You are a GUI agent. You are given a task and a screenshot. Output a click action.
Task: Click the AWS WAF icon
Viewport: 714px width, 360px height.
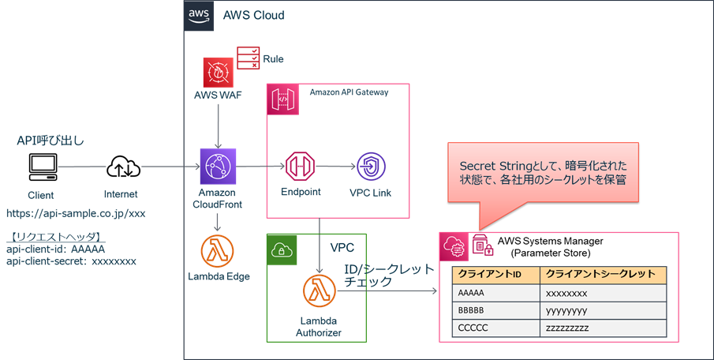click(218, 73)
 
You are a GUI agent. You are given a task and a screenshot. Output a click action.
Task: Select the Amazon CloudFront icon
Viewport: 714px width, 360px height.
click(218, 167)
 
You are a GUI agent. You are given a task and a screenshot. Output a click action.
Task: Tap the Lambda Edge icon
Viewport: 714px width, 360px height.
click(217, 251)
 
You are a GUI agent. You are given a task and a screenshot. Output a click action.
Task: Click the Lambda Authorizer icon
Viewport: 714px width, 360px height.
click(320, 291)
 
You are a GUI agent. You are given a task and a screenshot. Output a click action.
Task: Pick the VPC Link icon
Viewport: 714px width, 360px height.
click(371, 167)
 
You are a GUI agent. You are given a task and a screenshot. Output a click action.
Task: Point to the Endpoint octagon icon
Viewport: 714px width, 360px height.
click(300, 167)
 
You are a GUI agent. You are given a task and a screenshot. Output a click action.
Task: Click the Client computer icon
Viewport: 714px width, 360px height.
click(43, 167)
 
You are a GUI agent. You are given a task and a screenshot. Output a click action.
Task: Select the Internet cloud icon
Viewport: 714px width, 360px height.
click(123, 167)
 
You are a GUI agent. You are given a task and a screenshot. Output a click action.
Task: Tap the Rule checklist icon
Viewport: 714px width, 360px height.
click(249, 58)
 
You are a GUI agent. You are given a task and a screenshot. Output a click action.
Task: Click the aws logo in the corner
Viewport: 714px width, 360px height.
click(199, 16)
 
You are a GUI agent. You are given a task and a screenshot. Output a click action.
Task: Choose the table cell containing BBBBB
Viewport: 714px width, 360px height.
click(496, 310)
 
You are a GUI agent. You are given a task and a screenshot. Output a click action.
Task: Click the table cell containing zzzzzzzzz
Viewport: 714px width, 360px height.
click(604, 328)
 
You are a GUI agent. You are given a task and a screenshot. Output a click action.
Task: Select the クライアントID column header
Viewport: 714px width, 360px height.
click(496, 276)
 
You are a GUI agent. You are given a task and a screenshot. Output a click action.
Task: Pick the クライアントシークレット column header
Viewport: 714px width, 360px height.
click(604, 276)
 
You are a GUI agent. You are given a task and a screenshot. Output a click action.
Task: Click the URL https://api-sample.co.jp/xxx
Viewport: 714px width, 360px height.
click(76, 213)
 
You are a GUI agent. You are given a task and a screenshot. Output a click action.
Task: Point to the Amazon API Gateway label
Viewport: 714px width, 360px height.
click(349, 92)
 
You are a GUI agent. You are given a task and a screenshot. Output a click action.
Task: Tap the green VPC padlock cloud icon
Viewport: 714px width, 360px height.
click(282, 249)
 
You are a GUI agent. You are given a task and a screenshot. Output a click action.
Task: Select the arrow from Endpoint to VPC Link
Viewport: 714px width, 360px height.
click(335, 167)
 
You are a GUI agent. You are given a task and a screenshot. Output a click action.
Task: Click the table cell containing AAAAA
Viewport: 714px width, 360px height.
click(496, 293)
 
